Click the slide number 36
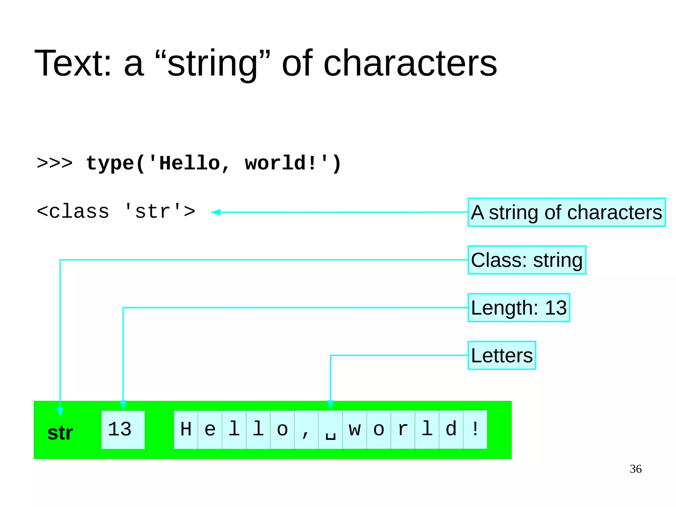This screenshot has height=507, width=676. point(635,469)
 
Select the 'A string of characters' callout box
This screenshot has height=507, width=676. point(566,212)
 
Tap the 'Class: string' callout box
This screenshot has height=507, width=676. point(527,260)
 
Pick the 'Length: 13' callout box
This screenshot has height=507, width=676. point(519,308)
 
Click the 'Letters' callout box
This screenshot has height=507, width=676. point(502,355)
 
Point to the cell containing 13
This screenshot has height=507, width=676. point(123,429)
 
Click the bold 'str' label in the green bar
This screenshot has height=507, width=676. point(60,433)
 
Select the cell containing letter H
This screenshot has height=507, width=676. point(186,429)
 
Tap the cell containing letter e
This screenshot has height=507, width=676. point(210,429)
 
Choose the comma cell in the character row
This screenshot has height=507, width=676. point(306,429)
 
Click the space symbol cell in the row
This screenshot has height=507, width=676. point(330,429)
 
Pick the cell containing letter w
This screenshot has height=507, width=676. point(355,429)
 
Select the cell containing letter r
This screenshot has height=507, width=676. point(403,429)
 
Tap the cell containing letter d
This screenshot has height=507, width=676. point(451,429)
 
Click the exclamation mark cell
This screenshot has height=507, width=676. point(475,429)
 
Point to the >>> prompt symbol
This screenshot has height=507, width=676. point(55,163)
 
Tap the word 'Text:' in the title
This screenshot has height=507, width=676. point(73,63)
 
